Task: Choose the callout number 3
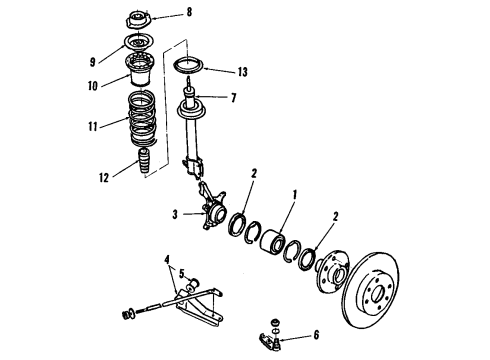tap(176, 213)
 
